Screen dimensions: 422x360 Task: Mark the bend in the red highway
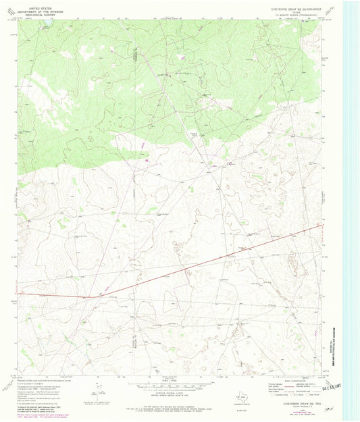click(88, 296)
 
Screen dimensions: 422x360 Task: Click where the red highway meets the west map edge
click(19, 296)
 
